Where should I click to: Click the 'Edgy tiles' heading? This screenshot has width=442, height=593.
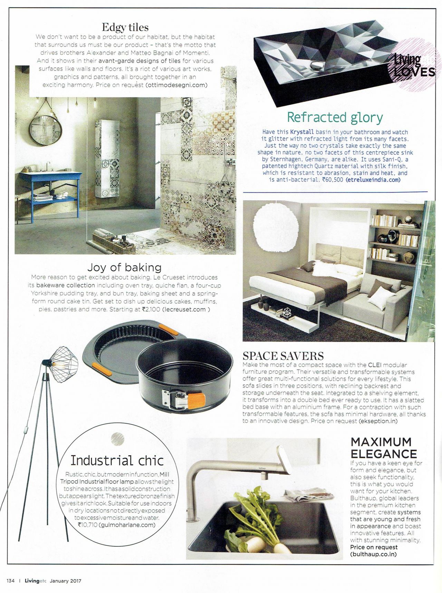[125, 27]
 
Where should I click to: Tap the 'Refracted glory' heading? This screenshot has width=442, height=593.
[335, 117]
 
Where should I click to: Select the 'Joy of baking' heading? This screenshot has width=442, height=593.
[124, 267]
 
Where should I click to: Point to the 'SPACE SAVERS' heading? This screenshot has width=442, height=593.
[283, 356]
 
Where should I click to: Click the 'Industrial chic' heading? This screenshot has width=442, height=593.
[117, 460]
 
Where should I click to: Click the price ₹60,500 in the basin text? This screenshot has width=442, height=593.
[332, 180]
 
